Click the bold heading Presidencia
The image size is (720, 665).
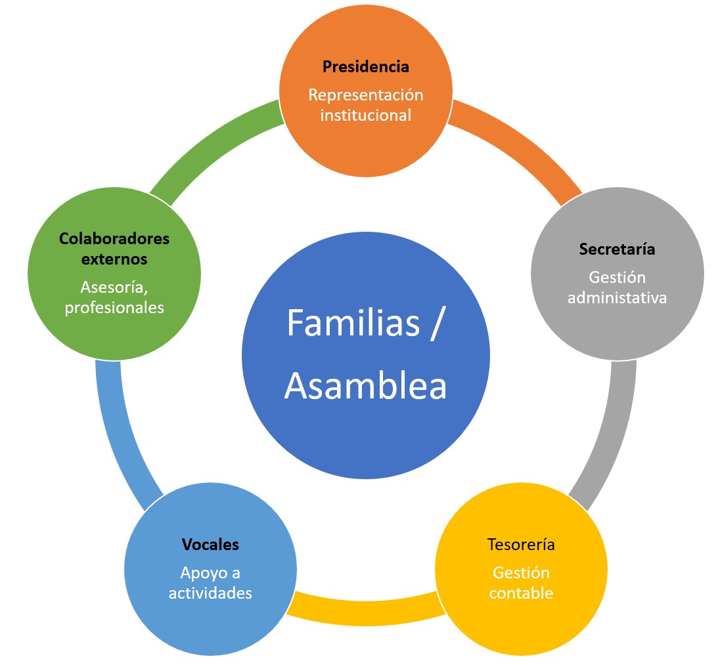[365, 66]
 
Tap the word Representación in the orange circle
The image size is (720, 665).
[365, 95]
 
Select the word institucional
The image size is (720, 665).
[365, 115]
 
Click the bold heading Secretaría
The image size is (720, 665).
[617, 249]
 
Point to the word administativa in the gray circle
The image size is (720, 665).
[617, 297]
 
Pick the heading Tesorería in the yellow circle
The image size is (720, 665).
[521, 544]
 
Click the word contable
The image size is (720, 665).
[521, 593]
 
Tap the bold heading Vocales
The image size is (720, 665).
[210, 544]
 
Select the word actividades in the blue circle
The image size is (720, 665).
[210, 593]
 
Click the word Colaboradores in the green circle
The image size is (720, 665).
[114, 238]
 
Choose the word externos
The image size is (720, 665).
[114, 259]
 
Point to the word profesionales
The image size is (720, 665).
[114, 307]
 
